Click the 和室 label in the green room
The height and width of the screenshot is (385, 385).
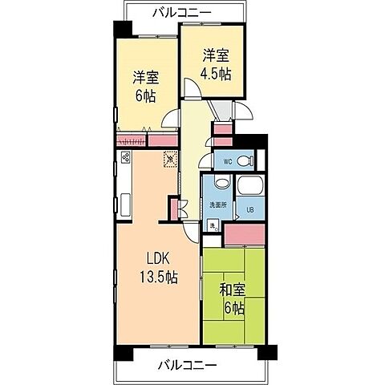(x=233, y=290)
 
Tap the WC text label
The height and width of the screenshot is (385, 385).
(x=227, y=161)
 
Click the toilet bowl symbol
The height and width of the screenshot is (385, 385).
(x=247, y=160)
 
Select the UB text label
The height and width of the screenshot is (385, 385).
(x=249, y=211)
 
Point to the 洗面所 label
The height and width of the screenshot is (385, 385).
(x=218, y=205)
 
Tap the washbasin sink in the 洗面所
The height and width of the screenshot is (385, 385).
(x=219, y=186)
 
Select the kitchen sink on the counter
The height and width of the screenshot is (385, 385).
(x=126, y=201)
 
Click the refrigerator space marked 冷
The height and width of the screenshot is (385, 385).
(x=169, y=159)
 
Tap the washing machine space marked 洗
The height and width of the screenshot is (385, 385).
(x=213, y=227)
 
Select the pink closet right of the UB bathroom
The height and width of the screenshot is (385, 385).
(x=244, y=235)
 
